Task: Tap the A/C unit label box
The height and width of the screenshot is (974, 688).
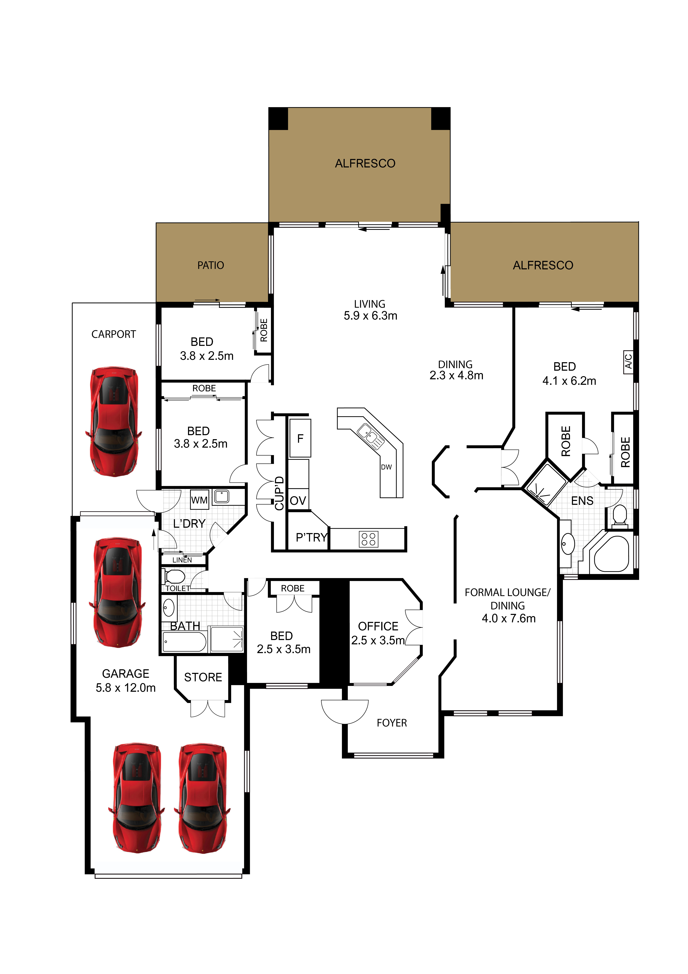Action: coord(628,362)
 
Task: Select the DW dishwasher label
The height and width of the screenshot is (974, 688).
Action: coord(386,467)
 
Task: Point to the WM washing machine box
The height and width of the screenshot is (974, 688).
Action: coord(199,500)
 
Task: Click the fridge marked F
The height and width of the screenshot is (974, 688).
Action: coord(300,438)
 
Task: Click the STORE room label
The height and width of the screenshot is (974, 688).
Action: coord(203,677)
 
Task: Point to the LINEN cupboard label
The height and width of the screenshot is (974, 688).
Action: coord(182,560)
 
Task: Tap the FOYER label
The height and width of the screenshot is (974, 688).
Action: coord(392,722)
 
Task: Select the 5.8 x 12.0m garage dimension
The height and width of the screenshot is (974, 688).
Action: coord(126,688)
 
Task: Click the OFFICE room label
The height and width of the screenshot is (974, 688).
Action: coord(378,626)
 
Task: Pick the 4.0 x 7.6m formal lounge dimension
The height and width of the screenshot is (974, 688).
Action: coord(508,618)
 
